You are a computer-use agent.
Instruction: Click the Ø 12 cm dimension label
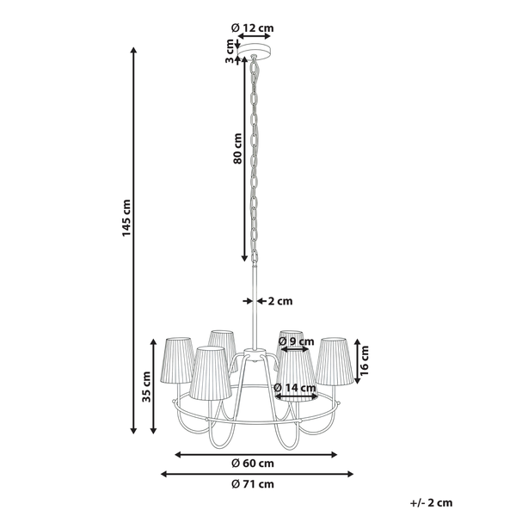point(252,28)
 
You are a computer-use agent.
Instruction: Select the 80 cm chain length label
point(237,149)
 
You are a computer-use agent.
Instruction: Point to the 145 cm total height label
point(126,218)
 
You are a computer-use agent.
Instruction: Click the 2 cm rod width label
point(280,301)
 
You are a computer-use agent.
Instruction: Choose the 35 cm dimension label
point(146,387)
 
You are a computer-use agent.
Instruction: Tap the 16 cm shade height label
point(365,360)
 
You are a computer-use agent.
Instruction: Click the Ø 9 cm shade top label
point(296,341)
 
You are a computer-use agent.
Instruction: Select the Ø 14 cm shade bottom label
point(295,388)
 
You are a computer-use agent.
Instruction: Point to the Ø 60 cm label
point(253,464)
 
